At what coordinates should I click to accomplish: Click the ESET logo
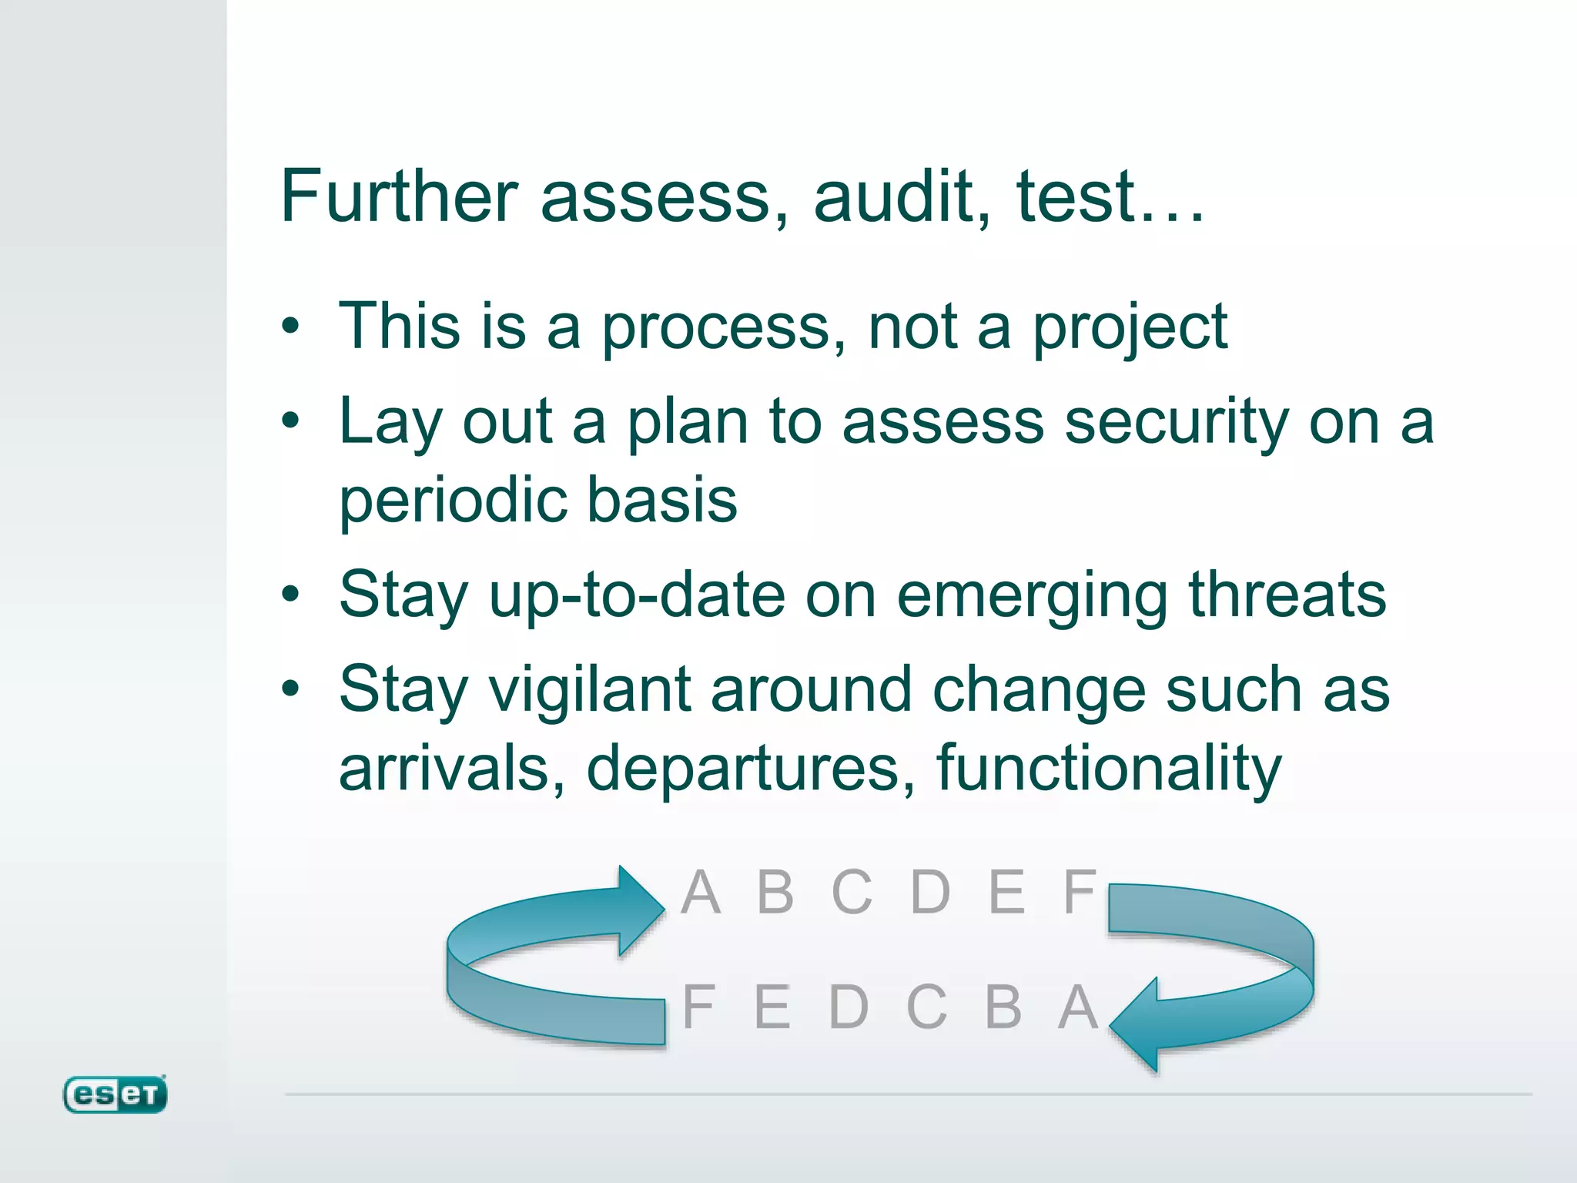[x=115, y=1094]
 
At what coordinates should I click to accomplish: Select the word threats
[x=1287, y=595]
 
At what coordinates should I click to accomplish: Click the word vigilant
[x=590, y=689]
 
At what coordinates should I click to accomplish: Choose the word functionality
[x=1108, y=768]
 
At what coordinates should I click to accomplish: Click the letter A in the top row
[x=701, y=893]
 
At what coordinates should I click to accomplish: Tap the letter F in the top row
[x=1080, y=893]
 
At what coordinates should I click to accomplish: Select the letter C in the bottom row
[x=926, y=1007]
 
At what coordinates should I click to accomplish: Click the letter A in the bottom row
[x=1078, y=1007]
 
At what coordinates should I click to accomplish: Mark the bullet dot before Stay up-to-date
[x=290, y=595]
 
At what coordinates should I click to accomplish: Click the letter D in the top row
[x=930, y=893]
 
